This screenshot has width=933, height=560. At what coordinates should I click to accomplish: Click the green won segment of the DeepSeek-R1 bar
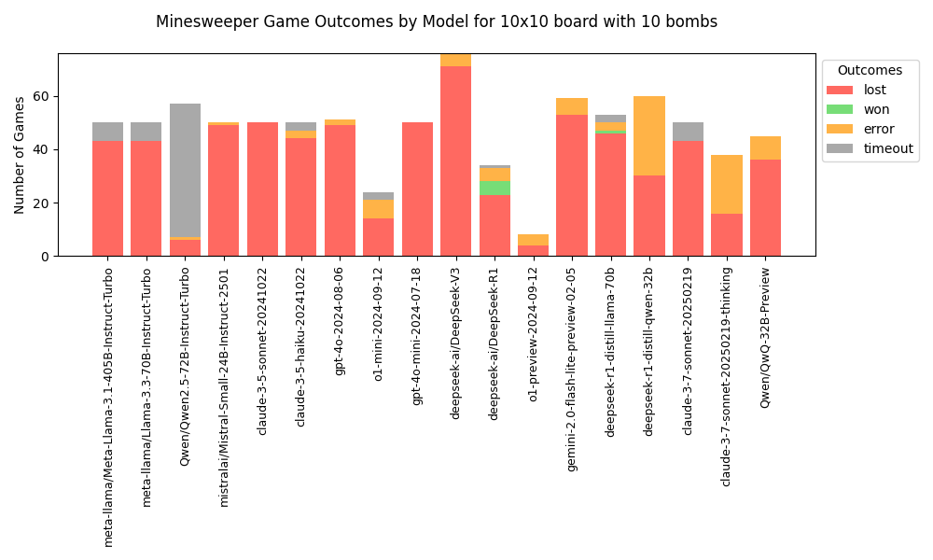click(494, 188)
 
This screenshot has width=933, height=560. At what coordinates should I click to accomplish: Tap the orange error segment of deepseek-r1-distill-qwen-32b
click(649, 135)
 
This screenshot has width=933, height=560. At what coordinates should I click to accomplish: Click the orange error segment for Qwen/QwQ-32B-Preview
click(765, 147)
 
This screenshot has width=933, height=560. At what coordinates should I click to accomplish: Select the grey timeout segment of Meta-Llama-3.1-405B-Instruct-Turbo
click(107, 132)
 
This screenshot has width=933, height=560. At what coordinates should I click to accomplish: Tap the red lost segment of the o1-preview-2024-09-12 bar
click(533, 250)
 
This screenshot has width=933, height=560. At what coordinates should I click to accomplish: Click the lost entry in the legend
click(874, 91)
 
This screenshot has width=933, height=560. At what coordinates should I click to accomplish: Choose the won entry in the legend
click(876, 109)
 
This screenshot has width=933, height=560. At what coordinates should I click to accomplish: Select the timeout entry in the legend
click(887, 148)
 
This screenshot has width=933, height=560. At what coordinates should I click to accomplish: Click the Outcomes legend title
click(870, 71)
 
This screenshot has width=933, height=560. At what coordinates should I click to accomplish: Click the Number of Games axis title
click(20, 155)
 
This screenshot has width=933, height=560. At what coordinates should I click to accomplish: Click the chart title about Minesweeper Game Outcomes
click(437, 21)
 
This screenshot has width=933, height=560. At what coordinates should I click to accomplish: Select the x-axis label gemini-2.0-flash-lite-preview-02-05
click(572, 369)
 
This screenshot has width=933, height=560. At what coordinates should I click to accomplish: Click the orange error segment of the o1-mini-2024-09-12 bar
click(378, 209)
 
